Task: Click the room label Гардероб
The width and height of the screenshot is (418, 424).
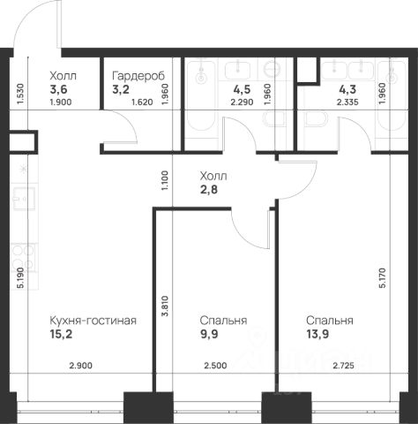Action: [138, 76]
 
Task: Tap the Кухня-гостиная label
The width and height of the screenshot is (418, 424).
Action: [93, 321]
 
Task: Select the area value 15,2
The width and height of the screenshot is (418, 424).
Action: [61, 334]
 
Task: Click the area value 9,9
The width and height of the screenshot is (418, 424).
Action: [209, 334]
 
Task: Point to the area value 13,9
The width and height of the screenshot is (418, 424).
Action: [317, 334]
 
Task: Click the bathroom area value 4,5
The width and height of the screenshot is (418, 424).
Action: [242, 89]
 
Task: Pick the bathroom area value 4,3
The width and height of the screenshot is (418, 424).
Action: [347, 89]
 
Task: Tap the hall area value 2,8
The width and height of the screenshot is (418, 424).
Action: [209, 189]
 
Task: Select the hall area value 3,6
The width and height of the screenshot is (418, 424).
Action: [58, 89]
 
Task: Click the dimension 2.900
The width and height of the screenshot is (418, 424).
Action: [81, 366]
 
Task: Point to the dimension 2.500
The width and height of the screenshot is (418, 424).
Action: [215, 366]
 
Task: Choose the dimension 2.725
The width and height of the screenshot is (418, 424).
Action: [343, 366]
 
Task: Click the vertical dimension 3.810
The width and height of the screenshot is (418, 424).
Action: [165, 307]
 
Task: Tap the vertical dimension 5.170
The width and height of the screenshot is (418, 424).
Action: [382, 278]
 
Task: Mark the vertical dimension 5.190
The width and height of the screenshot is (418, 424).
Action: [20, 278]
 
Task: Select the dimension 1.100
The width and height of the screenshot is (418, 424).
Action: [165, 180]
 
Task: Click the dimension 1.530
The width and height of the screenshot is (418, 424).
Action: [20, 94]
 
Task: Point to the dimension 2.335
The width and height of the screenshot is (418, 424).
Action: [347, 102]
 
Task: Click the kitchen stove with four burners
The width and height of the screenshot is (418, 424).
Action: [23, 258]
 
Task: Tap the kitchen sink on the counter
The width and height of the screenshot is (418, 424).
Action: [24, 199]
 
